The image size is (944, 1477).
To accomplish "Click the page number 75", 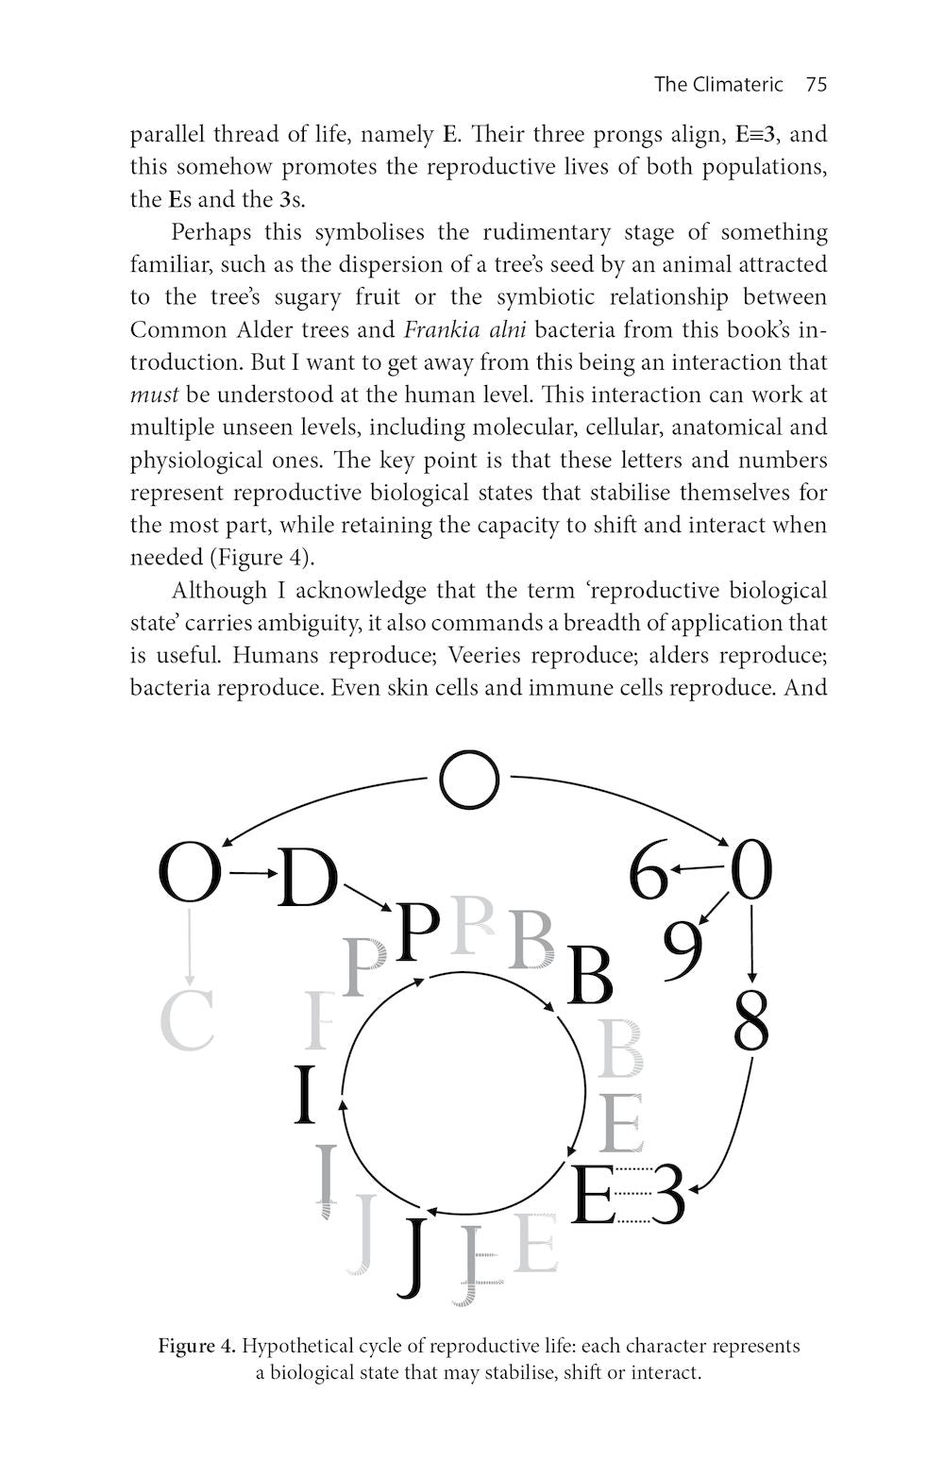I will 817,84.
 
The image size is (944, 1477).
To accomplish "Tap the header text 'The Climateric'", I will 718,84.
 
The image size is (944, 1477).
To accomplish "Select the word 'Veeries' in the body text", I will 484,655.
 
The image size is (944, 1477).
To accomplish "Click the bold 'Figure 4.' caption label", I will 196,1346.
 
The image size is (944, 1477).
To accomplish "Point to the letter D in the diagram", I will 307,878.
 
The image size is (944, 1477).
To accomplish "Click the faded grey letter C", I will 187,1021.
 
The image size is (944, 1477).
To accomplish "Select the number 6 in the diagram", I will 649,873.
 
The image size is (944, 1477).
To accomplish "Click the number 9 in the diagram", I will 683,948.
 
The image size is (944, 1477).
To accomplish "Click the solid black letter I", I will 304,1095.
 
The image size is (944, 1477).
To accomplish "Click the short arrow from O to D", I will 250,874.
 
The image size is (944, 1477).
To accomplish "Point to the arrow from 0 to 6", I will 700,868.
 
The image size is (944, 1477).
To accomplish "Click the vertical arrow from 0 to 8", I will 751,944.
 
